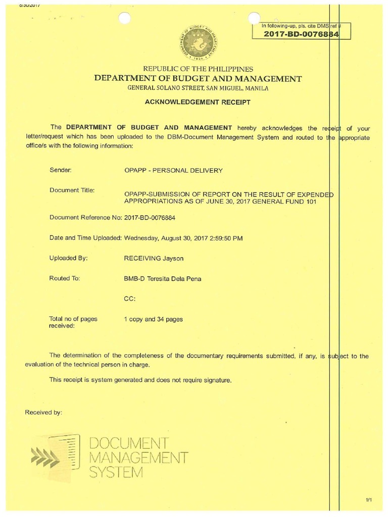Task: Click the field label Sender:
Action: point(61,171)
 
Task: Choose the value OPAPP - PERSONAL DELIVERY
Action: point(173,171)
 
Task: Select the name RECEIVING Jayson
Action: point(154,258)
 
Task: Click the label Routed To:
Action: point(64,278)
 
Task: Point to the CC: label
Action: point(130,298)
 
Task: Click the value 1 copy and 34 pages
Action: point(154,319)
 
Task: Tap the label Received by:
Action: point(43,412)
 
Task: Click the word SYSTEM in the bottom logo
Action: point(116,473)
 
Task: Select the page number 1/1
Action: point(368,500)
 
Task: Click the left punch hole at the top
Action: point(124,18)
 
